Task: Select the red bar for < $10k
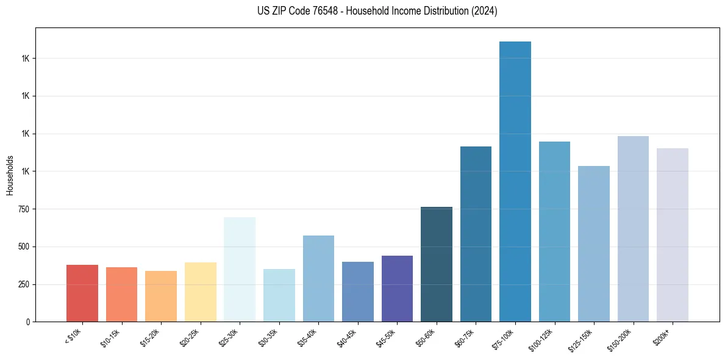click(x=82, y=293)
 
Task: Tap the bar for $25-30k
click(x=240, y=269)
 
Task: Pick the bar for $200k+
click(x=673, y=235)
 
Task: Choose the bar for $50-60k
click(x=437, y=264)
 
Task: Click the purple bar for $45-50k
click(x=397, y=289)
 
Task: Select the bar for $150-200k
click(x=633, y=229)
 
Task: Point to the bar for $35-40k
click(x=318, y=278)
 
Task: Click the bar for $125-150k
click(x=594, y=243)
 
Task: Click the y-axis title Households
click(x=10, y=175)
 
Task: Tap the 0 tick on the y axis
click(x=28, y=322)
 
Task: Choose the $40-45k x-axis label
click(x=348, y=337)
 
